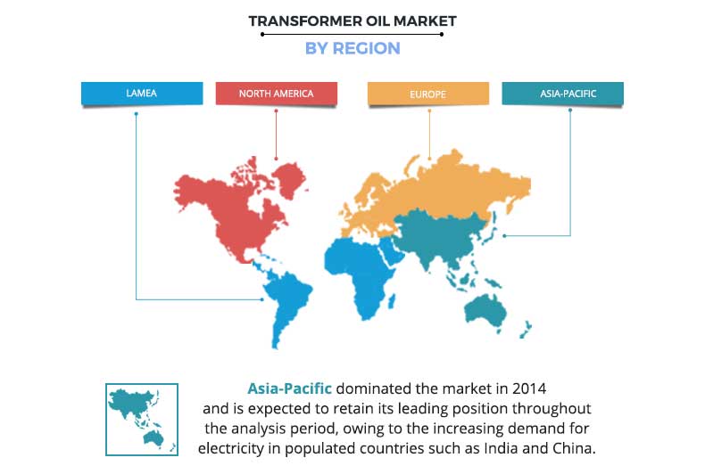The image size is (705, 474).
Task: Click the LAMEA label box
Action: pyautogui.click(x=142, y=94)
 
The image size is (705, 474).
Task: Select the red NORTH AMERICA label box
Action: pyautogui.click(x=276, y=94)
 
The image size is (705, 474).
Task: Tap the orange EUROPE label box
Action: pyautogui.click(x=428, y=94)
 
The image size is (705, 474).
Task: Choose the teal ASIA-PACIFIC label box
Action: pyautogui.click(x=562, y=94)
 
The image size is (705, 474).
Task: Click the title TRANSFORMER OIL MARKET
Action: pyautogui.click(x=352, y=21)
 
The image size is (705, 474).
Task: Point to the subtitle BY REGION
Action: pyautogui.click(x=352, y=48)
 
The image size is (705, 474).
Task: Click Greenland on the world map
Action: pyautogui.click(x=291, y=180)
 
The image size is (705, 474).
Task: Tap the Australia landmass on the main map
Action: pyautogui.click(x=485, y=311)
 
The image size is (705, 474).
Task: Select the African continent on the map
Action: pyautogui.click(x=360, y=274)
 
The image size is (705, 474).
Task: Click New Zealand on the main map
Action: pyautogui.click(x=526, y=330)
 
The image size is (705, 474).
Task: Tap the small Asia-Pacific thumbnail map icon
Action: pyautogui.click(x=142, y=420)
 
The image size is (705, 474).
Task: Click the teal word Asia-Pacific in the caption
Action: pyautogui.click(x=289, y=388)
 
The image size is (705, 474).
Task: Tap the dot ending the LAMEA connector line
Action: pyautogui.click(x=262, y=299)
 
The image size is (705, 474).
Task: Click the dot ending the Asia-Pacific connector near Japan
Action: pyautogui.click(x=504, y=235)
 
